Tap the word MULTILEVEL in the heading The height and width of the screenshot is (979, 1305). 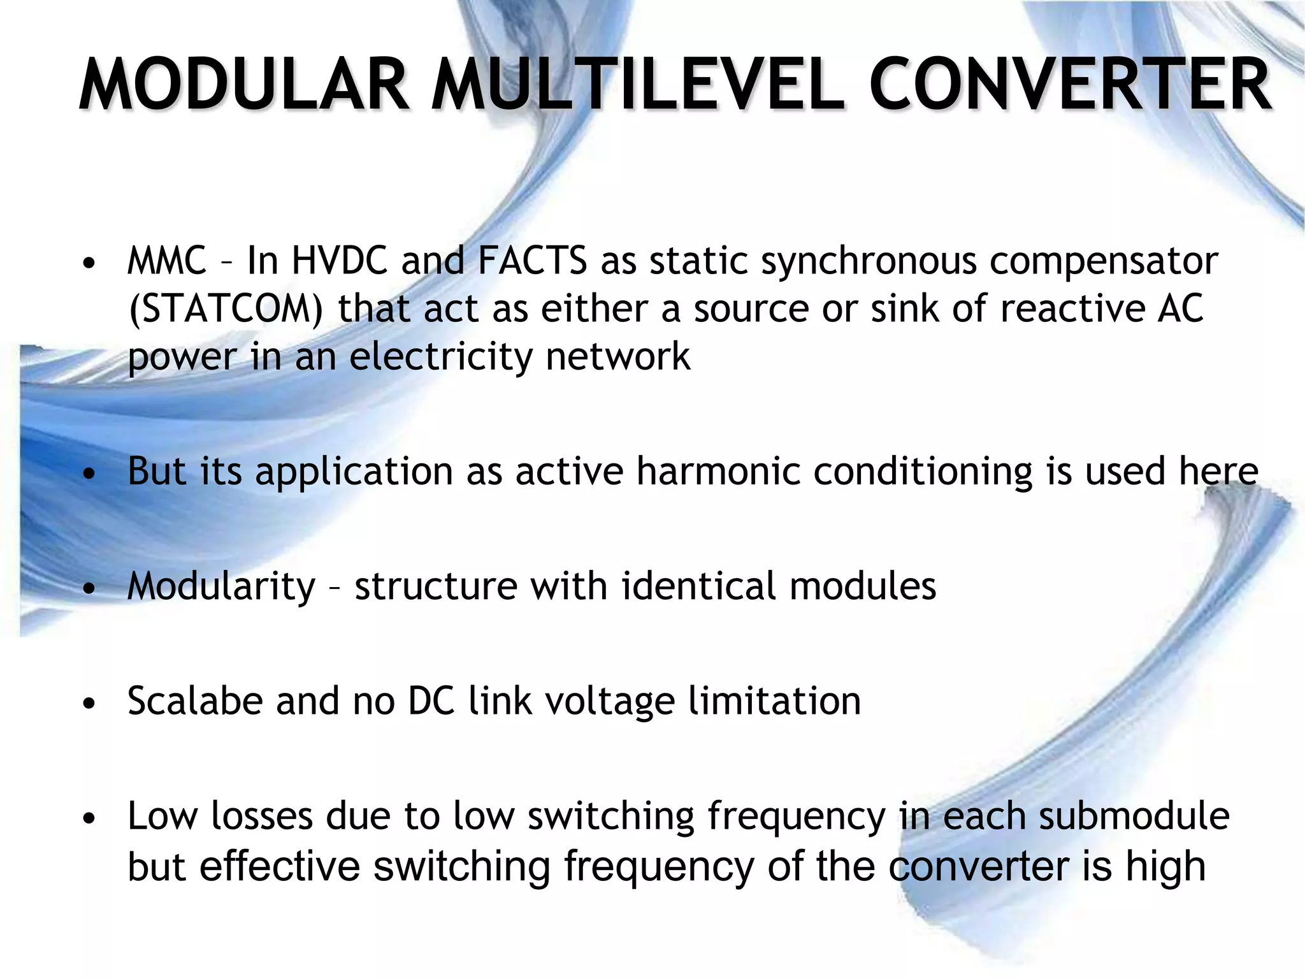coord(637,85)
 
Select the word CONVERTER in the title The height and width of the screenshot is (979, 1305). coord(1071,85)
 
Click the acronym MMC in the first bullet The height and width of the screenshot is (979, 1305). coord(167,261)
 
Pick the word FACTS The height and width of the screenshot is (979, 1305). coord(532,261)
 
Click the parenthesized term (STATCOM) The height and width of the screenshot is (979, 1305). coord(226,309)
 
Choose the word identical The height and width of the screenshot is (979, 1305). coord(698,586)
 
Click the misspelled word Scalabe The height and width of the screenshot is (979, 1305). coord(195,701)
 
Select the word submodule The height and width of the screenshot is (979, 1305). coord(1134,816)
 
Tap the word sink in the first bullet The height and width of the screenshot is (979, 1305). coord(905,309)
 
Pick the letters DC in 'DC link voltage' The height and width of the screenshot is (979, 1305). coord(431,701)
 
